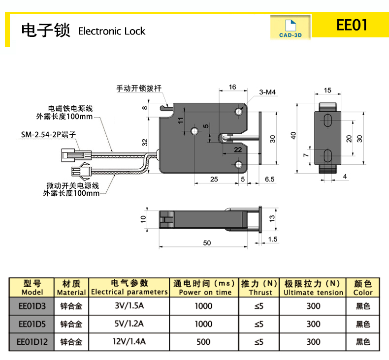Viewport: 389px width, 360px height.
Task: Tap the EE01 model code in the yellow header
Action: coord(352,25)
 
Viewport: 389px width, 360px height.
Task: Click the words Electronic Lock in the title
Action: coord(112,31)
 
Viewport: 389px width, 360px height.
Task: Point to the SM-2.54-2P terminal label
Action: coord(48,134)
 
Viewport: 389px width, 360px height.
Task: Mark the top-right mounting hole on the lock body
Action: coord(239,112)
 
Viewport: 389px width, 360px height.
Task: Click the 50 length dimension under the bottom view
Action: coord(207,243)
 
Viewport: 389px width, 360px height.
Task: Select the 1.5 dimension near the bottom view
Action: coord(273,239)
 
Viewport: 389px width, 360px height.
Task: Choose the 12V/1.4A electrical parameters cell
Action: coord(129,342)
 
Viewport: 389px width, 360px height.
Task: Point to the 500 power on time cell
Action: coord(203,342)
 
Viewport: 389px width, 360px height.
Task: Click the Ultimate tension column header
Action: coord(313,288)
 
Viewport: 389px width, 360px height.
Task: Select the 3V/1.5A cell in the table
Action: coord(129,306)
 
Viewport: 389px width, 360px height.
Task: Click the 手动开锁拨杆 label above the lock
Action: coord(139,89)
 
